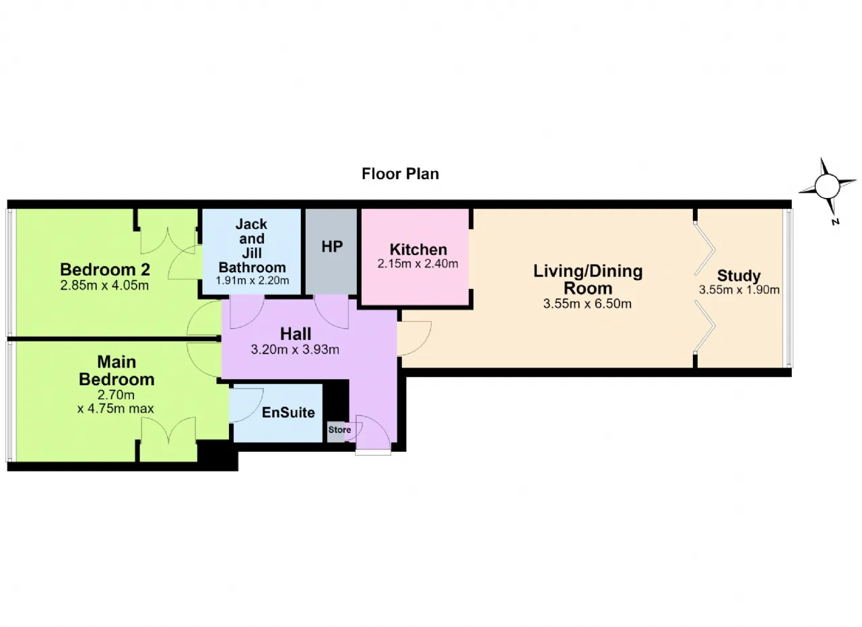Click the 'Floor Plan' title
(x=400, y=174)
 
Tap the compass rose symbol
(x=827, y=187)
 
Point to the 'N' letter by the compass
(x=836, y=222)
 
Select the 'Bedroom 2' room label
(x=104, y=269)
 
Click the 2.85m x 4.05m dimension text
(x=104, y=286)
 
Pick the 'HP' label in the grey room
(x=332, y=246)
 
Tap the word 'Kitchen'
(x=418, y=249)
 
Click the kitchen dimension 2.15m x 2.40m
(x=418, y=263)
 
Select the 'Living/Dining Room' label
(x=588, y=279)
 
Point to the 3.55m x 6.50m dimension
(x=587, y=304)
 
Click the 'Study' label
(x=739, y=275)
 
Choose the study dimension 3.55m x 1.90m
(x=739, y=290)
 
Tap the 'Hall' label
(x=296, y=334)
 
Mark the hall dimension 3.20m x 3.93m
(x=295, y=350)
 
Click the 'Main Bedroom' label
(x=117, y=370)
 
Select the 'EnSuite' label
(x=288, y=413)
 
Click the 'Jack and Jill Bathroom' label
(x=252, y=246)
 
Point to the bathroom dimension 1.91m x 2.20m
(x=252, y=281)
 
